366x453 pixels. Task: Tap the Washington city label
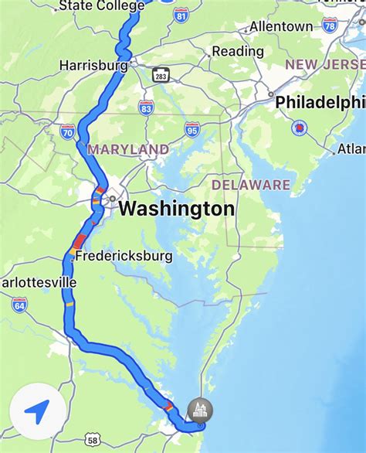point(177,209)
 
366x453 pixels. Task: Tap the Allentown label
point(281,26)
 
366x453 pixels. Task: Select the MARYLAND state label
point(128,148)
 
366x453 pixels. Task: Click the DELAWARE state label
point(251,185)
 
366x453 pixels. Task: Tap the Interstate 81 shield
point(181,15)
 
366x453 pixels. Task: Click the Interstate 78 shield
point(330,26)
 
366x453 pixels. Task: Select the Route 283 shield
point(161,75)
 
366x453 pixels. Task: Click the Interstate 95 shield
point(192,130)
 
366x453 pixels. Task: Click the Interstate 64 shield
point(19,305)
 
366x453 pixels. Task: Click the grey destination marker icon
point(200,410)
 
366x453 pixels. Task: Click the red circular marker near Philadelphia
point(298,127)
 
